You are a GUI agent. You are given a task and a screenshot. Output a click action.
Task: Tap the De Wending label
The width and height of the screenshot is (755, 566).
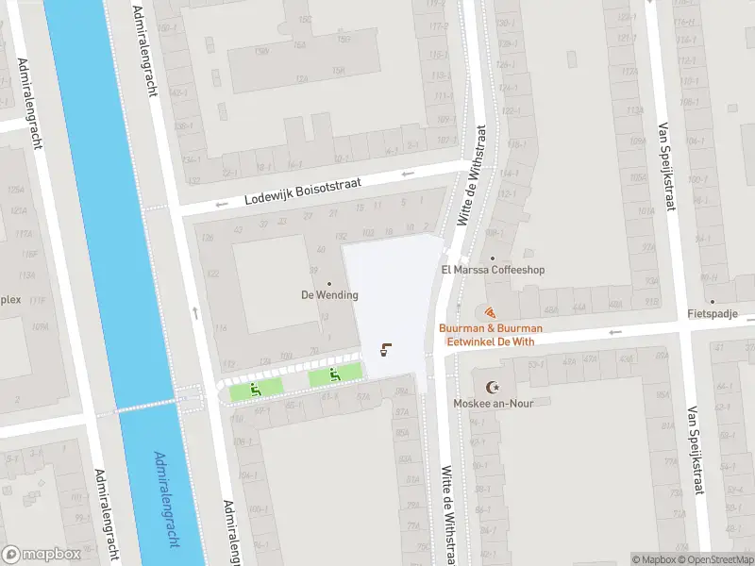tap(329, 295)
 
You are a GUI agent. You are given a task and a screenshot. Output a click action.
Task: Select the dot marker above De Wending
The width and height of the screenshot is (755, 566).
tap(329, 283)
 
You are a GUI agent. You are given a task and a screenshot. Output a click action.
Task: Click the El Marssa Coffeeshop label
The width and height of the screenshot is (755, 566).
tap(493, 270)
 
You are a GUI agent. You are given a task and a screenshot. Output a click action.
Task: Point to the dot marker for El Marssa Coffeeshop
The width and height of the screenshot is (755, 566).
tap(493, 258)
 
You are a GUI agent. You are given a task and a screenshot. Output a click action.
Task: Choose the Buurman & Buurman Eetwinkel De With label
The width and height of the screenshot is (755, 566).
tap(490, 334)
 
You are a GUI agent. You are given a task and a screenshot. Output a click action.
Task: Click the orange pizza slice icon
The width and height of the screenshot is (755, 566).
tap(490, 312)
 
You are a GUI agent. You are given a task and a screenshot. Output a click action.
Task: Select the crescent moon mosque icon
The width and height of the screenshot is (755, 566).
tap(491, 387)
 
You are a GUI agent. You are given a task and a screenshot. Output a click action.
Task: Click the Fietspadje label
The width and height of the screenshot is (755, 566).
tap(713, 314)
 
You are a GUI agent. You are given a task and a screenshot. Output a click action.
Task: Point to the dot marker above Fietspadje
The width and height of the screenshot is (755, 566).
tap(713, 302)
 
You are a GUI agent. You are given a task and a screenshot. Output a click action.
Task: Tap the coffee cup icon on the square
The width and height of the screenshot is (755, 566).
tap(385, 351)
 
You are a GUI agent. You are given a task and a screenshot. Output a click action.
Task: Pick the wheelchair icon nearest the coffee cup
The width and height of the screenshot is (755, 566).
tap(335, 375)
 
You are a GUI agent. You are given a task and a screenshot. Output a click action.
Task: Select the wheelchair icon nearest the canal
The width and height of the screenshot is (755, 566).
tap(255, 389)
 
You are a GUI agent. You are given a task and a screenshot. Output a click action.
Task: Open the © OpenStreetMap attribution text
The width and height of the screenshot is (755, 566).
tap(713, 559)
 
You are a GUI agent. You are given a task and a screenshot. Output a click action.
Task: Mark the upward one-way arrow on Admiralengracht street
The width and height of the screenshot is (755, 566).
tap(195, 312)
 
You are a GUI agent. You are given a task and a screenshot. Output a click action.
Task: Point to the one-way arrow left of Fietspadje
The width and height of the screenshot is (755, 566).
tap(616, 331)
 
